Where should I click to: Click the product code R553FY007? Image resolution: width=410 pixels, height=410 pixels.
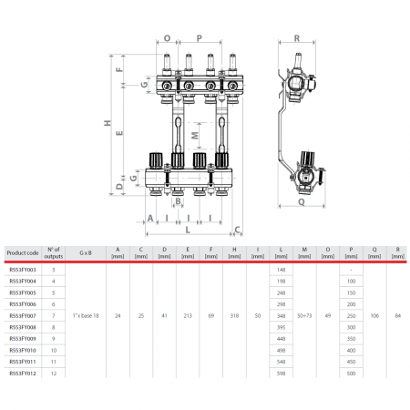(23, 315)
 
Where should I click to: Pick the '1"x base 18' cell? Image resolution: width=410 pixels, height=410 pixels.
(92, 315)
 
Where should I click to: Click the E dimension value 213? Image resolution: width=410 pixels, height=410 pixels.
(188, 315)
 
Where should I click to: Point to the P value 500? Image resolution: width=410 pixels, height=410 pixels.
(351, 374)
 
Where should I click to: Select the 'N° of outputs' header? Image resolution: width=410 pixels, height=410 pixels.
(54, 252)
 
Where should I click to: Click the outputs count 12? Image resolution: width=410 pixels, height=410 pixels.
(54, 374)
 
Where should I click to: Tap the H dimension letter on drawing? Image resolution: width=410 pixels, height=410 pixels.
(107, 124)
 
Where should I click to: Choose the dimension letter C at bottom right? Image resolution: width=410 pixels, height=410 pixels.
(237, 230)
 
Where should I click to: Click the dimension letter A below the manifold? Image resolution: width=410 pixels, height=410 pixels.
(149, 219)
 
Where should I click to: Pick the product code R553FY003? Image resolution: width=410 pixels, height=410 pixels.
(23, 270)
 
